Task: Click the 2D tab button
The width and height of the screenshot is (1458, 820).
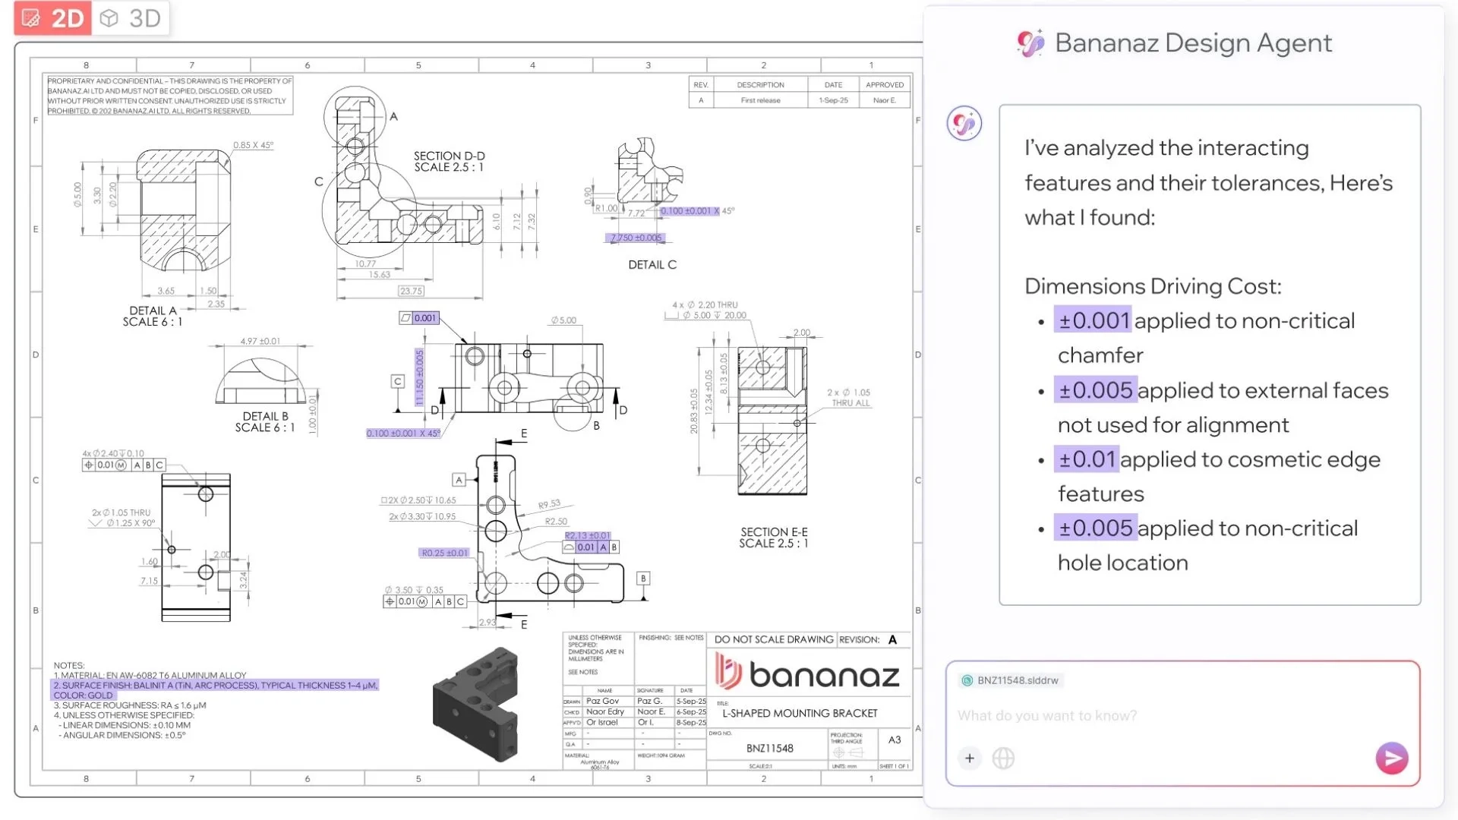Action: pyautogui.click(x=52, y=18)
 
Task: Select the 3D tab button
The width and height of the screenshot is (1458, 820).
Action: pyautogui.click(x=131, y=18)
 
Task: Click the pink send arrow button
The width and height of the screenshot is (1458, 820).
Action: pyautogui.click(x=1391, y=758)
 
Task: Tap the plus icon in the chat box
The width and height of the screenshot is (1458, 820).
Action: pyautogui.click(x=970, y=758)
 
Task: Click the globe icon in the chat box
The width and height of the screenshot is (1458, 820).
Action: pyautogui.click(x=1003, y=758)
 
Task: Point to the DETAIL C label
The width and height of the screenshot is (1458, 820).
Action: pyautogui.click(x=652, y=265)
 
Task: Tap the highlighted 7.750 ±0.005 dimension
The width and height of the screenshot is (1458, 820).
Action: pyautogui.click(x=636, y=238)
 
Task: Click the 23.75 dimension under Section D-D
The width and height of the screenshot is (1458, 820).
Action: pyautogui.click(x=411, y=291)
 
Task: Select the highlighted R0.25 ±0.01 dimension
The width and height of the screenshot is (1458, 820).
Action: pyautogui.click(x=445, y=553)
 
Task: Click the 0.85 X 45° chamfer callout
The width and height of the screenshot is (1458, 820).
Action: pyautogui.click(x=253, y=145)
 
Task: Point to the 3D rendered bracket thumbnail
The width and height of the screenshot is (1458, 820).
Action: pyautogui.click(x=477, y=703)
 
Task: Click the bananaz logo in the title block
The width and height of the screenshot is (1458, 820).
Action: pyautogui.click(x=807, y=673)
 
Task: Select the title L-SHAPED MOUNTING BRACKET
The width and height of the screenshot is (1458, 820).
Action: pyautogui.click(x=800, y=714)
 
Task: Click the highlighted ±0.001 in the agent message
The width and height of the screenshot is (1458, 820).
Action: pyautogui.click(x=1093, y=320)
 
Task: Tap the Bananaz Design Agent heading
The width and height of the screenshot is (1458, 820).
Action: pyautogui.click(x=1192, y=43)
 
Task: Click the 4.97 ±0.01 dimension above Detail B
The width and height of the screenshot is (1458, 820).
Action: pyautogui.click(x=260, y=342)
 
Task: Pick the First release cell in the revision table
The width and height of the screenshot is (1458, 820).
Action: pyautogui.click(x=760, y=100)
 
